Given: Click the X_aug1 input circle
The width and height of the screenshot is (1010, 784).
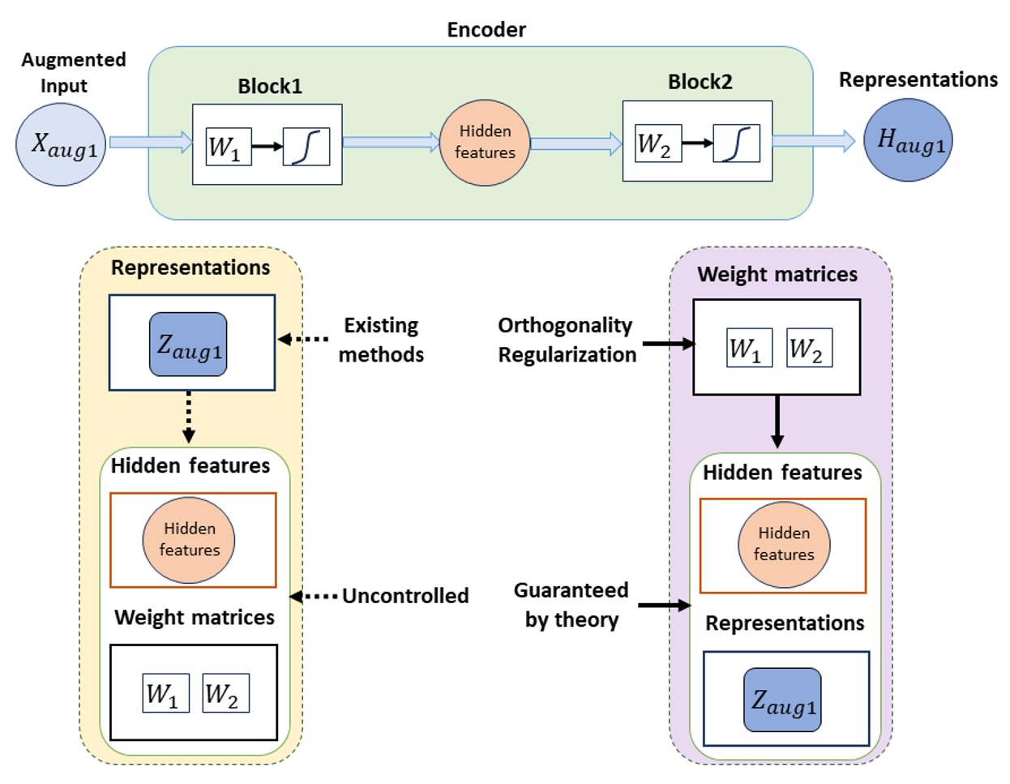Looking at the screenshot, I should click(x=62, y=144).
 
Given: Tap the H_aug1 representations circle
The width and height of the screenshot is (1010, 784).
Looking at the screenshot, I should click(x=908, y=140).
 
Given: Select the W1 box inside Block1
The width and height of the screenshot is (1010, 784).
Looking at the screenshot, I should click(x=229, y=147).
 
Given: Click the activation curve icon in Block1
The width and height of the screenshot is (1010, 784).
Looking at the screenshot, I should click(x=306, y=147).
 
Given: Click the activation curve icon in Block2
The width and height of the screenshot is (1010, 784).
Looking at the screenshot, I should click(x=736, y=144).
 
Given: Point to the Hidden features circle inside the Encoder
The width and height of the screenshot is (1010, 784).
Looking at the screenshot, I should click(x=485, y=143).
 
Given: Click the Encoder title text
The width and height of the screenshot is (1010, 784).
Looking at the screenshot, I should click(x=486, y=30).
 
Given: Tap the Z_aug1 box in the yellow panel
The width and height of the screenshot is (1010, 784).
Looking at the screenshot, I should click(x=188, y=345).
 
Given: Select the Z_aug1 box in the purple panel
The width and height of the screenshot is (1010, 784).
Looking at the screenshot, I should click(x=782, y=700).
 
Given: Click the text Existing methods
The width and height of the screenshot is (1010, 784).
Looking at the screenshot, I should click(x=381, y=340).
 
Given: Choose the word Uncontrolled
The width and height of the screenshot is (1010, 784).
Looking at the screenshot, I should click(x=405, y=596).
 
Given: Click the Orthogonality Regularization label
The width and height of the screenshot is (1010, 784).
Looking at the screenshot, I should click(x=567, y=340).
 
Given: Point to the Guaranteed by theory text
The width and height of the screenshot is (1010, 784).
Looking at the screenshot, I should click(x=571, y=605).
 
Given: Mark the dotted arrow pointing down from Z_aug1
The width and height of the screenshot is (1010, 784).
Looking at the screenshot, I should click(x=189, y=417).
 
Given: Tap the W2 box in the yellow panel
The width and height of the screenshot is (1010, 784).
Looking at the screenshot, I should click(x=225, y=693).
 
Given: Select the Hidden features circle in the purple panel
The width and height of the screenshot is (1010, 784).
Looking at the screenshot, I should click(x=784, y=544).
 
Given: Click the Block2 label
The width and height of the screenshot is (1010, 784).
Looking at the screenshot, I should click(x=700, y=82).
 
